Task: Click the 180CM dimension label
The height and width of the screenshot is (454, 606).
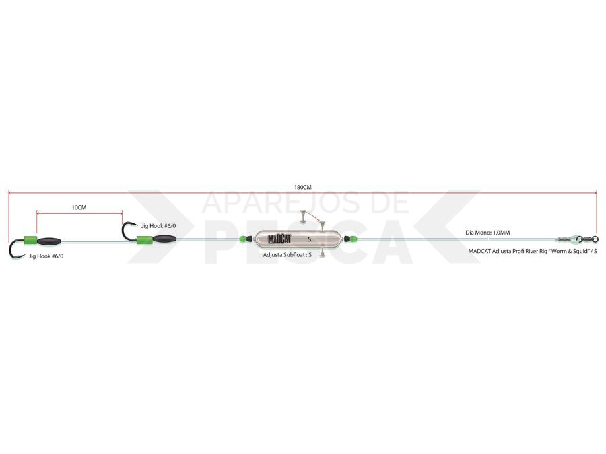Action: [302, 187]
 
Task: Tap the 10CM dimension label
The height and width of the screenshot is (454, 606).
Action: [79, 207]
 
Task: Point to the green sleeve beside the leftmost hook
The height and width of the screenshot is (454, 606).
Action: [30, 240]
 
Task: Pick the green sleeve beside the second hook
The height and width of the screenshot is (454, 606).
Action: [145, 239]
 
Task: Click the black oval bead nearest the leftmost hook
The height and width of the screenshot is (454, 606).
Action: [49, 241]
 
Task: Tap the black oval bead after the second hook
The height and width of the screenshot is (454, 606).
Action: [165, 239]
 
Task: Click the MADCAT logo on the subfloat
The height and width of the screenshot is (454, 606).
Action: [279, 239]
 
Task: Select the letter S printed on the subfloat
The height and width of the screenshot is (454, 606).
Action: [309, 239]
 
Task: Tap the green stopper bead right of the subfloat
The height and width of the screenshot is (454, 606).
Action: [351, 239]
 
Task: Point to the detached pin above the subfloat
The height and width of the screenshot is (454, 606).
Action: [303, 216]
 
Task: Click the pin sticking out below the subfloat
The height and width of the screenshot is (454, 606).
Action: [322, 252]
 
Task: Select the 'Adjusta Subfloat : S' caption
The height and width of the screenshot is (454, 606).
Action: [287, 255]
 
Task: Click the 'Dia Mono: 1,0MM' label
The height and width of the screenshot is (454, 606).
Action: [487, 233]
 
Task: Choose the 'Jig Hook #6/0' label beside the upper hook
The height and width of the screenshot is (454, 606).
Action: [158, 226]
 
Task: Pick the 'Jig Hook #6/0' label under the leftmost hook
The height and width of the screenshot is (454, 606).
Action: [46, 256]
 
